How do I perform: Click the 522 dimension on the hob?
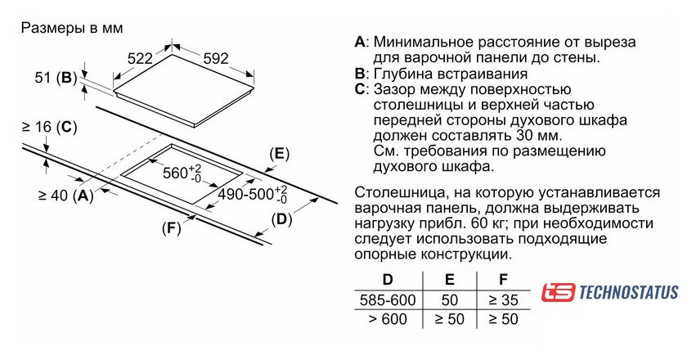click(x=141, y=58)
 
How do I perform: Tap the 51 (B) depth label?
click(x=56, y=79)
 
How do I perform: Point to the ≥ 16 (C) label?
click(x=49, y=127)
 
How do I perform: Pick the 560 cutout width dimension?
click(x=182, y=173)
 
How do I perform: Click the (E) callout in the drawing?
click(x=280, y=154)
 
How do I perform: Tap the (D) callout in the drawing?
click(x=281, y=219)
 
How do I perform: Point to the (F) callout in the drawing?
click(x=170, y=228)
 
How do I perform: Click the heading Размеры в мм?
click(x=72, y=28)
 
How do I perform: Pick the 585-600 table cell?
click(x=388, y=299)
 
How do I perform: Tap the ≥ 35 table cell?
click(x=503, y=299)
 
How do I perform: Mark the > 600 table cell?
click(x=388, y=319)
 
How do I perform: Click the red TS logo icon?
click(x=559, y=292)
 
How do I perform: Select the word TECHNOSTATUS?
click(x=628, y=292)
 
